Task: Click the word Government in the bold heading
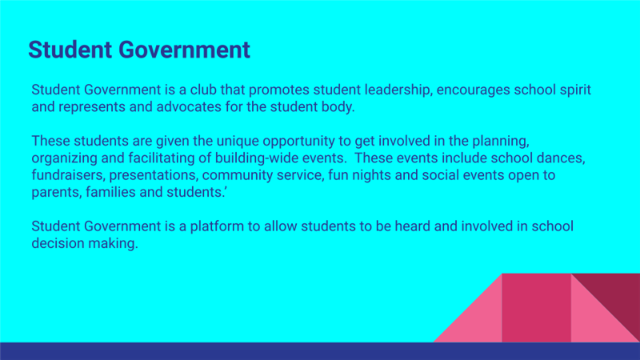[x=184, y=50]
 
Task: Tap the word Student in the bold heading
[x=70, y=50]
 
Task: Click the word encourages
[x=473, y=90]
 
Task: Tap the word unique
[x=238, y=142]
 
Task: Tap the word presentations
[x=154, y=176]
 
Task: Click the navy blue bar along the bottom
[x=320, y=351]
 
